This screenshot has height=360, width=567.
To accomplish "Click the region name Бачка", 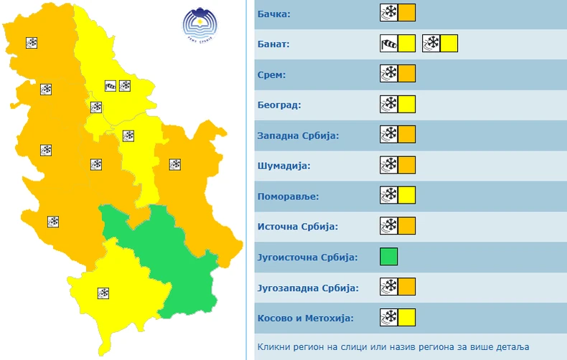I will (275, 14).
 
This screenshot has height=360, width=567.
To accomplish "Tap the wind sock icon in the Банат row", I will (388, 44).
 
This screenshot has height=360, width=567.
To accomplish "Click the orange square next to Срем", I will (407, 74).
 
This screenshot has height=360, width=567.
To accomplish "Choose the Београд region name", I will (279, 105).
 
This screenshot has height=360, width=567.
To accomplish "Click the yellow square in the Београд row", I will (407, 105).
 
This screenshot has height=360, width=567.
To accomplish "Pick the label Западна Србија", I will (297, 135).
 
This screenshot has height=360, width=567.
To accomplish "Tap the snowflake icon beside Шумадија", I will (388, 165).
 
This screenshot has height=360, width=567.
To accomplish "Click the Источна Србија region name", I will (297, 227).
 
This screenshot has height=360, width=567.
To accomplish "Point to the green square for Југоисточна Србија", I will (388, 256).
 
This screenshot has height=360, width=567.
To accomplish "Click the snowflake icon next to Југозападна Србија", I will (388, 287).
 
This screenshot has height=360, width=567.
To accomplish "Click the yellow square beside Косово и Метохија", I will (407, 317).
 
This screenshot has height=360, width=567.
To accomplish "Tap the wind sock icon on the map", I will (111, 86).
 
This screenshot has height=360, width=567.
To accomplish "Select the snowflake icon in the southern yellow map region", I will (104, 293).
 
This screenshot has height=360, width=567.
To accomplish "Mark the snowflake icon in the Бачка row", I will (388, 14).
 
